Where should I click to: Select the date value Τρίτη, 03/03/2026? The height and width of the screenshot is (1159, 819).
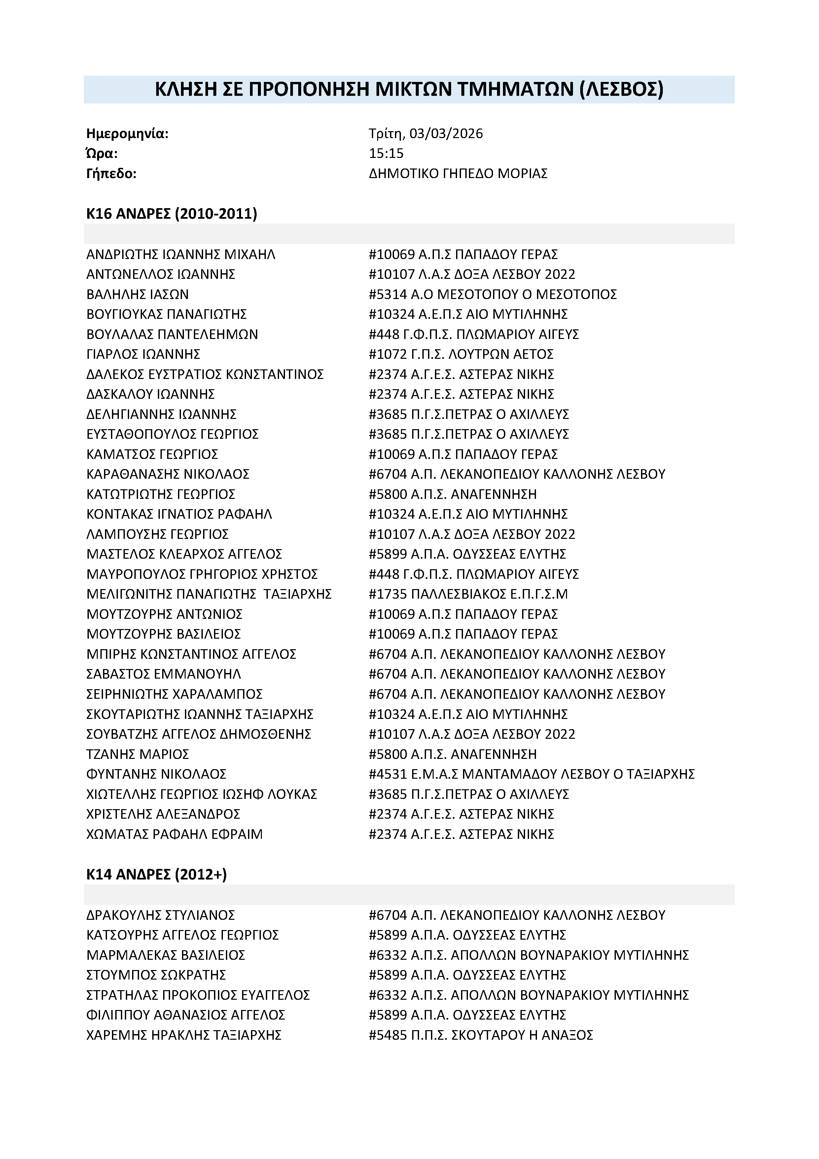425,134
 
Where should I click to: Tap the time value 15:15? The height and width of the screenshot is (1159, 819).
386,153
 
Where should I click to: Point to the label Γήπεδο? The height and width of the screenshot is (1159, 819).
112,174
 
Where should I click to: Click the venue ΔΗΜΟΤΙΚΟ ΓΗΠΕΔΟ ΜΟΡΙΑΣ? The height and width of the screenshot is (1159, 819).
458,174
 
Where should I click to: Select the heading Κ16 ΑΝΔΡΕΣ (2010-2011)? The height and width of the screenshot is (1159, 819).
172,214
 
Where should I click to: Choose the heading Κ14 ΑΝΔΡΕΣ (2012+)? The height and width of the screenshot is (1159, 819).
157,875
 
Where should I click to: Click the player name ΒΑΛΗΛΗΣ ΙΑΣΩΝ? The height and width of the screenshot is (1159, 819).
137,294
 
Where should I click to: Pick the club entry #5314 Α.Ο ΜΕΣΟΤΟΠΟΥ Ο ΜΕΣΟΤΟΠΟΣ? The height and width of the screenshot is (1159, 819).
492,294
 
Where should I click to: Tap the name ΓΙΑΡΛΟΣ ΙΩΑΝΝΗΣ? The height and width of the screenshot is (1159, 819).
143,355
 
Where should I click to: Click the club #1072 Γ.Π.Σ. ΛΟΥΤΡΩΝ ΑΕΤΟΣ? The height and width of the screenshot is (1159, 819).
461,355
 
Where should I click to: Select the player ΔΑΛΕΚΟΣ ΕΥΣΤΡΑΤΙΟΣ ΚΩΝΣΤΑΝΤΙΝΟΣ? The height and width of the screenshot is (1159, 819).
205,375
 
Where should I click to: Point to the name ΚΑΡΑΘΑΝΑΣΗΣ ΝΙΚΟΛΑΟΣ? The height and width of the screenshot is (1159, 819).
168,474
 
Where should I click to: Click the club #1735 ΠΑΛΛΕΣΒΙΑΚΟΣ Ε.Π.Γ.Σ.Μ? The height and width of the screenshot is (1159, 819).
468,594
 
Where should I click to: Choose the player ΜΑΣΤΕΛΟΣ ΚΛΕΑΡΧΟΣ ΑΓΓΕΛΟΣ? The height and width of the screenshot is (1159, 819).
184,554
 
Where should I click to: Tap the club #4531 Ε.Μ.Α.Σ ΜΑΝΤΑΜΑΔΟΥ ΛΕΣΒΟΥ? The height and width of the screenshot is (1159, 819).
531,774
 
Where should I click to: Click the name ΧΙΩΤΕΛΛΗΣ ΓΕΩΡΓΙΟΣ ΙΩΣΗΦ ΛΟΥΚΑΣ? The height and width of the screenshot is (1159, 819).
201,795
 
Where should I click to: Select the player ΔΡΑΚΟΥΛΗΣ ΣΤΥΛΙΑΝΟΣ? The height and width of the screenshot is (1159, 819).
160,915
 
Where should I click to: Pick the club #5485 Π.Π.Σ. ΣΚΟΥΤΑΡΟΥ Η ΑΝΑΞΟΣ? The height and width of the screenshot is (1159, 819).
481,1035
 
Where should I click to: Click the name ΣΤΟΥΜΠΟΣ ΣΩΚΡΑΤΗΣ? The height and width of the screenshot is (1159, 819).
156,975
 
